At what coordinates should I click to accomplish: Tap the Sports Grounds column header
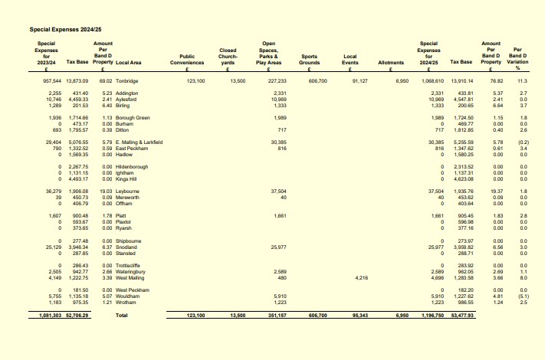(x=310, y=60)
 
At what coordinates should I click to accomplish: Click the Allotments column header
(x=391, y=62)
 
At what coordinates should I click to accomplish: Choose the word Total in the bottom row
(x=122, y=314)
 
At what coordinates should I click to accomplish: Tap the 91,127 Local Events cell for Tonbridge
(x=359, y=80)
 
